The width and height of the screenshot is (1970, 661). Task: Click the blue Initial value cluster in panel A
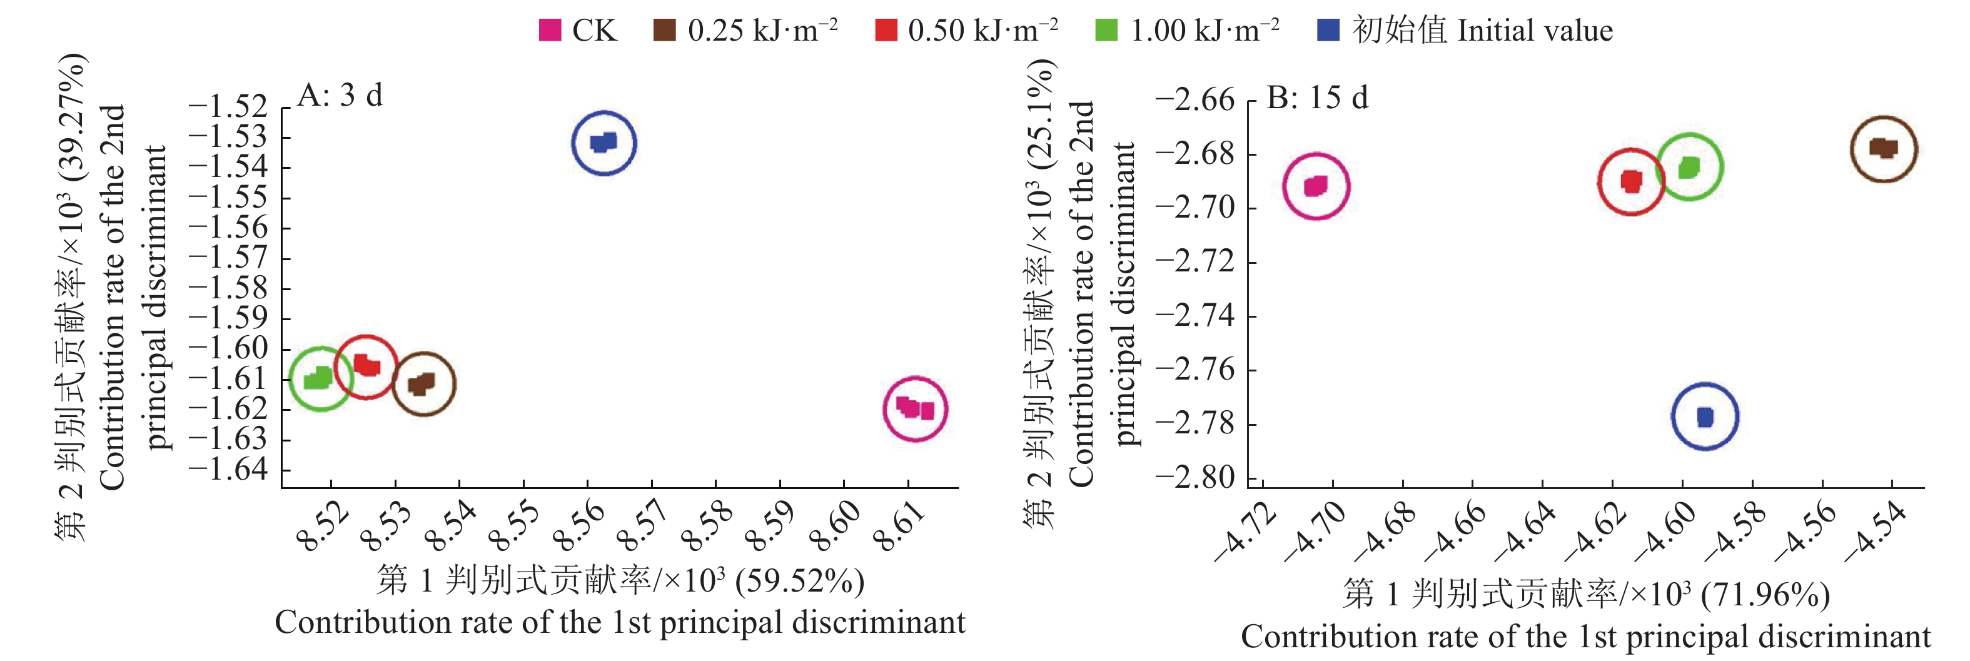[x=604, y=143]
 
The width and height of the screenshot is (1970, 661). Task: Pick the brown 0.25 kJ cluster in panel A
[x=422, y=383]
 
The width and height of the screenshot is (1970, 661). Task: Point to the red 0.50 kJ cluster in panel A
[x=367, y=366]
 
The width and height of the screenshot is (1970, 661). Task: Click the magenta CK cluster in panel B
[x=1315, y=186]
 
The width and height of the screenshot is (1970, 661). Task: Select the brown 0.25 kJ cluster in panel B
[x=1884, y=148]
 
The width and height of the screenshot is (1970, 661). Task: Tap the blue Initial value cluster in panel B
[x=1705, y=417]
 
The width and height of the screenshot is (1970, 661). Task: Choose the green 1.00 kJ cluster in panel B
[x=1689, y=167]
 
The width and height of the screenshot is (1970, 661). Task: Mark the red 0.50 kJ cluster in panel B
[x=1631, y=181]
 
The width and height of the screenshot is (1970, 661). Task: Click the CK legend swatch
[x=550, y=31]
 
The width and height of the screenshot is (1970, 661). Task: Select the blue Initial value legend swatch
[x=1328, y=31]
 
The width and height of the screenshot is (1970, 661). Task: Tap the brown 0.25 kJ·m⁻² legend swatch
[x=664, y=31]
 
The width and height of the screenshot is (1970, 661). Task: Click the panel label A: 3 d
[x=340, y=96]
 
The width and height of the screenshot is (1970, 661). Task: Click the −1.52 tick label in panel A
[x=228, y=107]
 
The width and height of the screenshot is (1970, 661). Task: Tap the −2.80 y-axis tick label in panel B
[x=1195, y=477]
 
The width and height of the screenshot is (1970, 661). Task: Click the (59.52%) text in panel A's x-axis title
[x=799, y=582]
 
